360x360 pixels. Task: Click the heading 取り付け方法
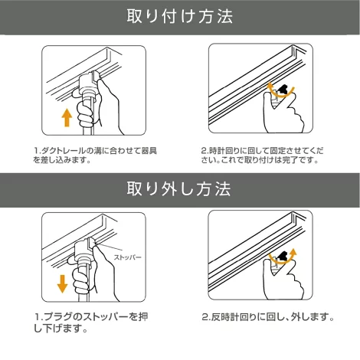[180, 17]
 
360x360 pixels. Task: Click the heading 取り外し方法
[178, 189]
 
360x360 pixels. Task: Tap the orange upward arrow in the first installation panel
[67, 117]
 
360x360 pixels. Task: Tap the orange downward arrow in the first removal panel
[62, 283]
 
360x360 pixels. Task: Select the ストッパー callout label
[127, 257]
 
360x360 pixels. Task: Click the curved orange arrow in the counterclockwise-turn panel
[283, 257]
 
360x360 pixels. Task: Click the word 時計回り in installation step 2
[225, 151]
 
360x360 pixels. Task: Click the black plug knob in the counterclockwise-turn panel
[283, 256]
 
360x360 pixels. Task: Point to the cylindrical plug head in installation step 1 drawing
[88, 84]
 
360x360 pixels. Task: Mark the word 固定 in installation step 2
[277, 151]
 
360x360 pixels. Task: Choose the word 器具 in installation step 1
[149, 151]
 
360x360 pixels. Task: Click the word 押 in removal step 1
[143, 317]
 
